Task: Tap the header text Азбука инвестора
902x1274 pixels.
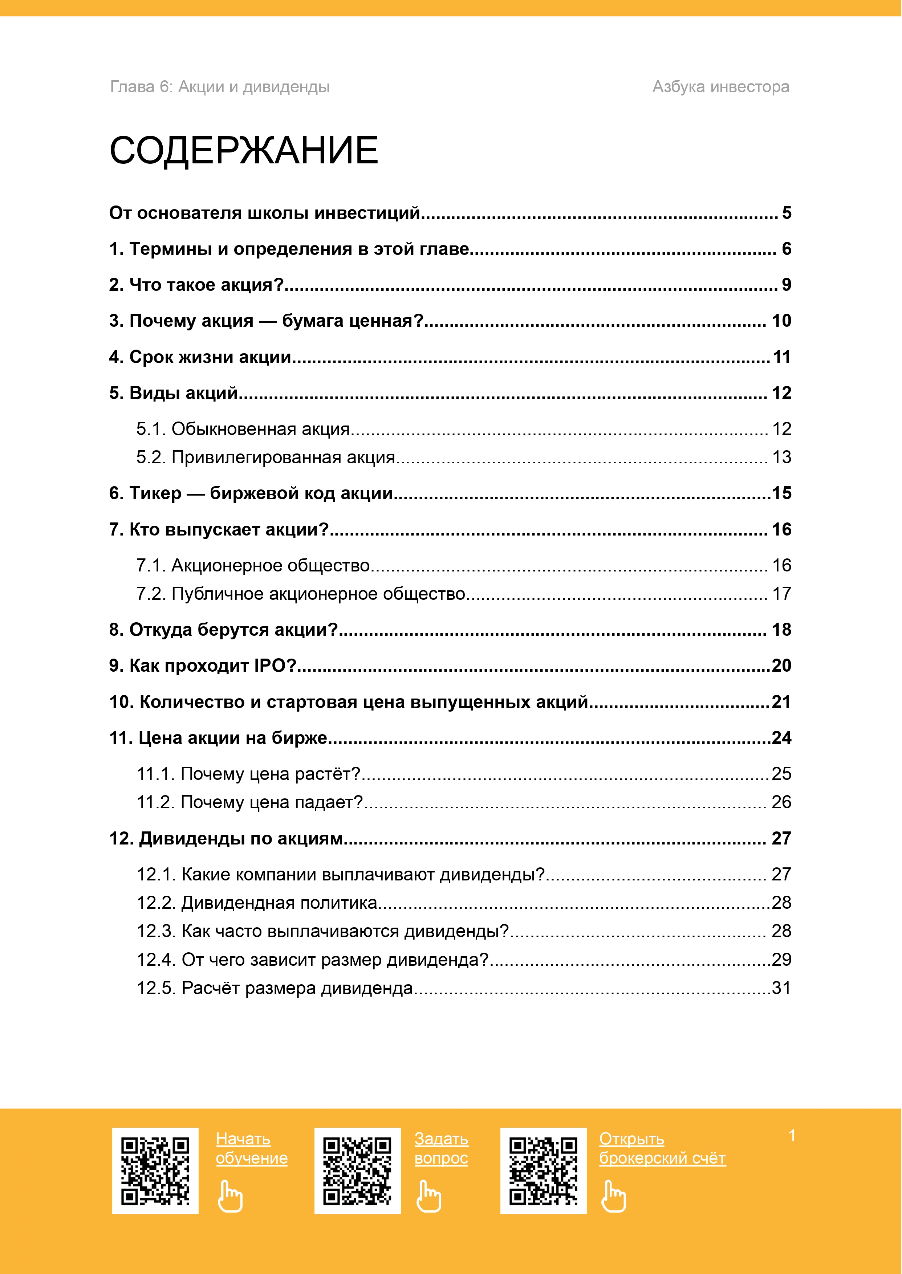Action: [x=720, y=87]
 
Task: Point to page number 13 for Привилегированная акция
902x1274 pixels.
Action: [x=781, y=457]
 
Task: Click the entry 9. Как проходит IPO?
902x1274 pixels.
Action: [x=203, y=666]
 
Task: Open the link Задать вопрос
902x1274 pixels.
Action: [x=441, y=1148]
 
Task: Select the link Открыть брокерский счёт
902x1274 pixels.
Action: [x=662, y=1148]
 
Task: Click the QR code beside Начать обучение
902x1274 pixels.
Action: [x=155, y=1171]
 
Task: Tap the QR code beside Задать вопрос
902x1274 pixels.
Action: [x=357, y=1171]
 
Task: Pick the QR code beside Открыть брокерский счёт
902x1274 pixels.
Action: [x=543, y=1171]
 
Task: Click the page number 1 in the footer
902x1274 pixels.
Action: [x=792, y=1136]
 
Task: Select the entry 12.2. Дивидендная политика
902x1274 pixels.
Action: [x=257, y=903]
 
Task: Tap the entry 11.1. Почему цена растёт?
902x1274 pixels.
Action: [x=249, y=774]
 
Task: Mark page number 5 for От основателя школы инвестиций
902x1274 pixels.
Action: [x=787, y=213]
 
